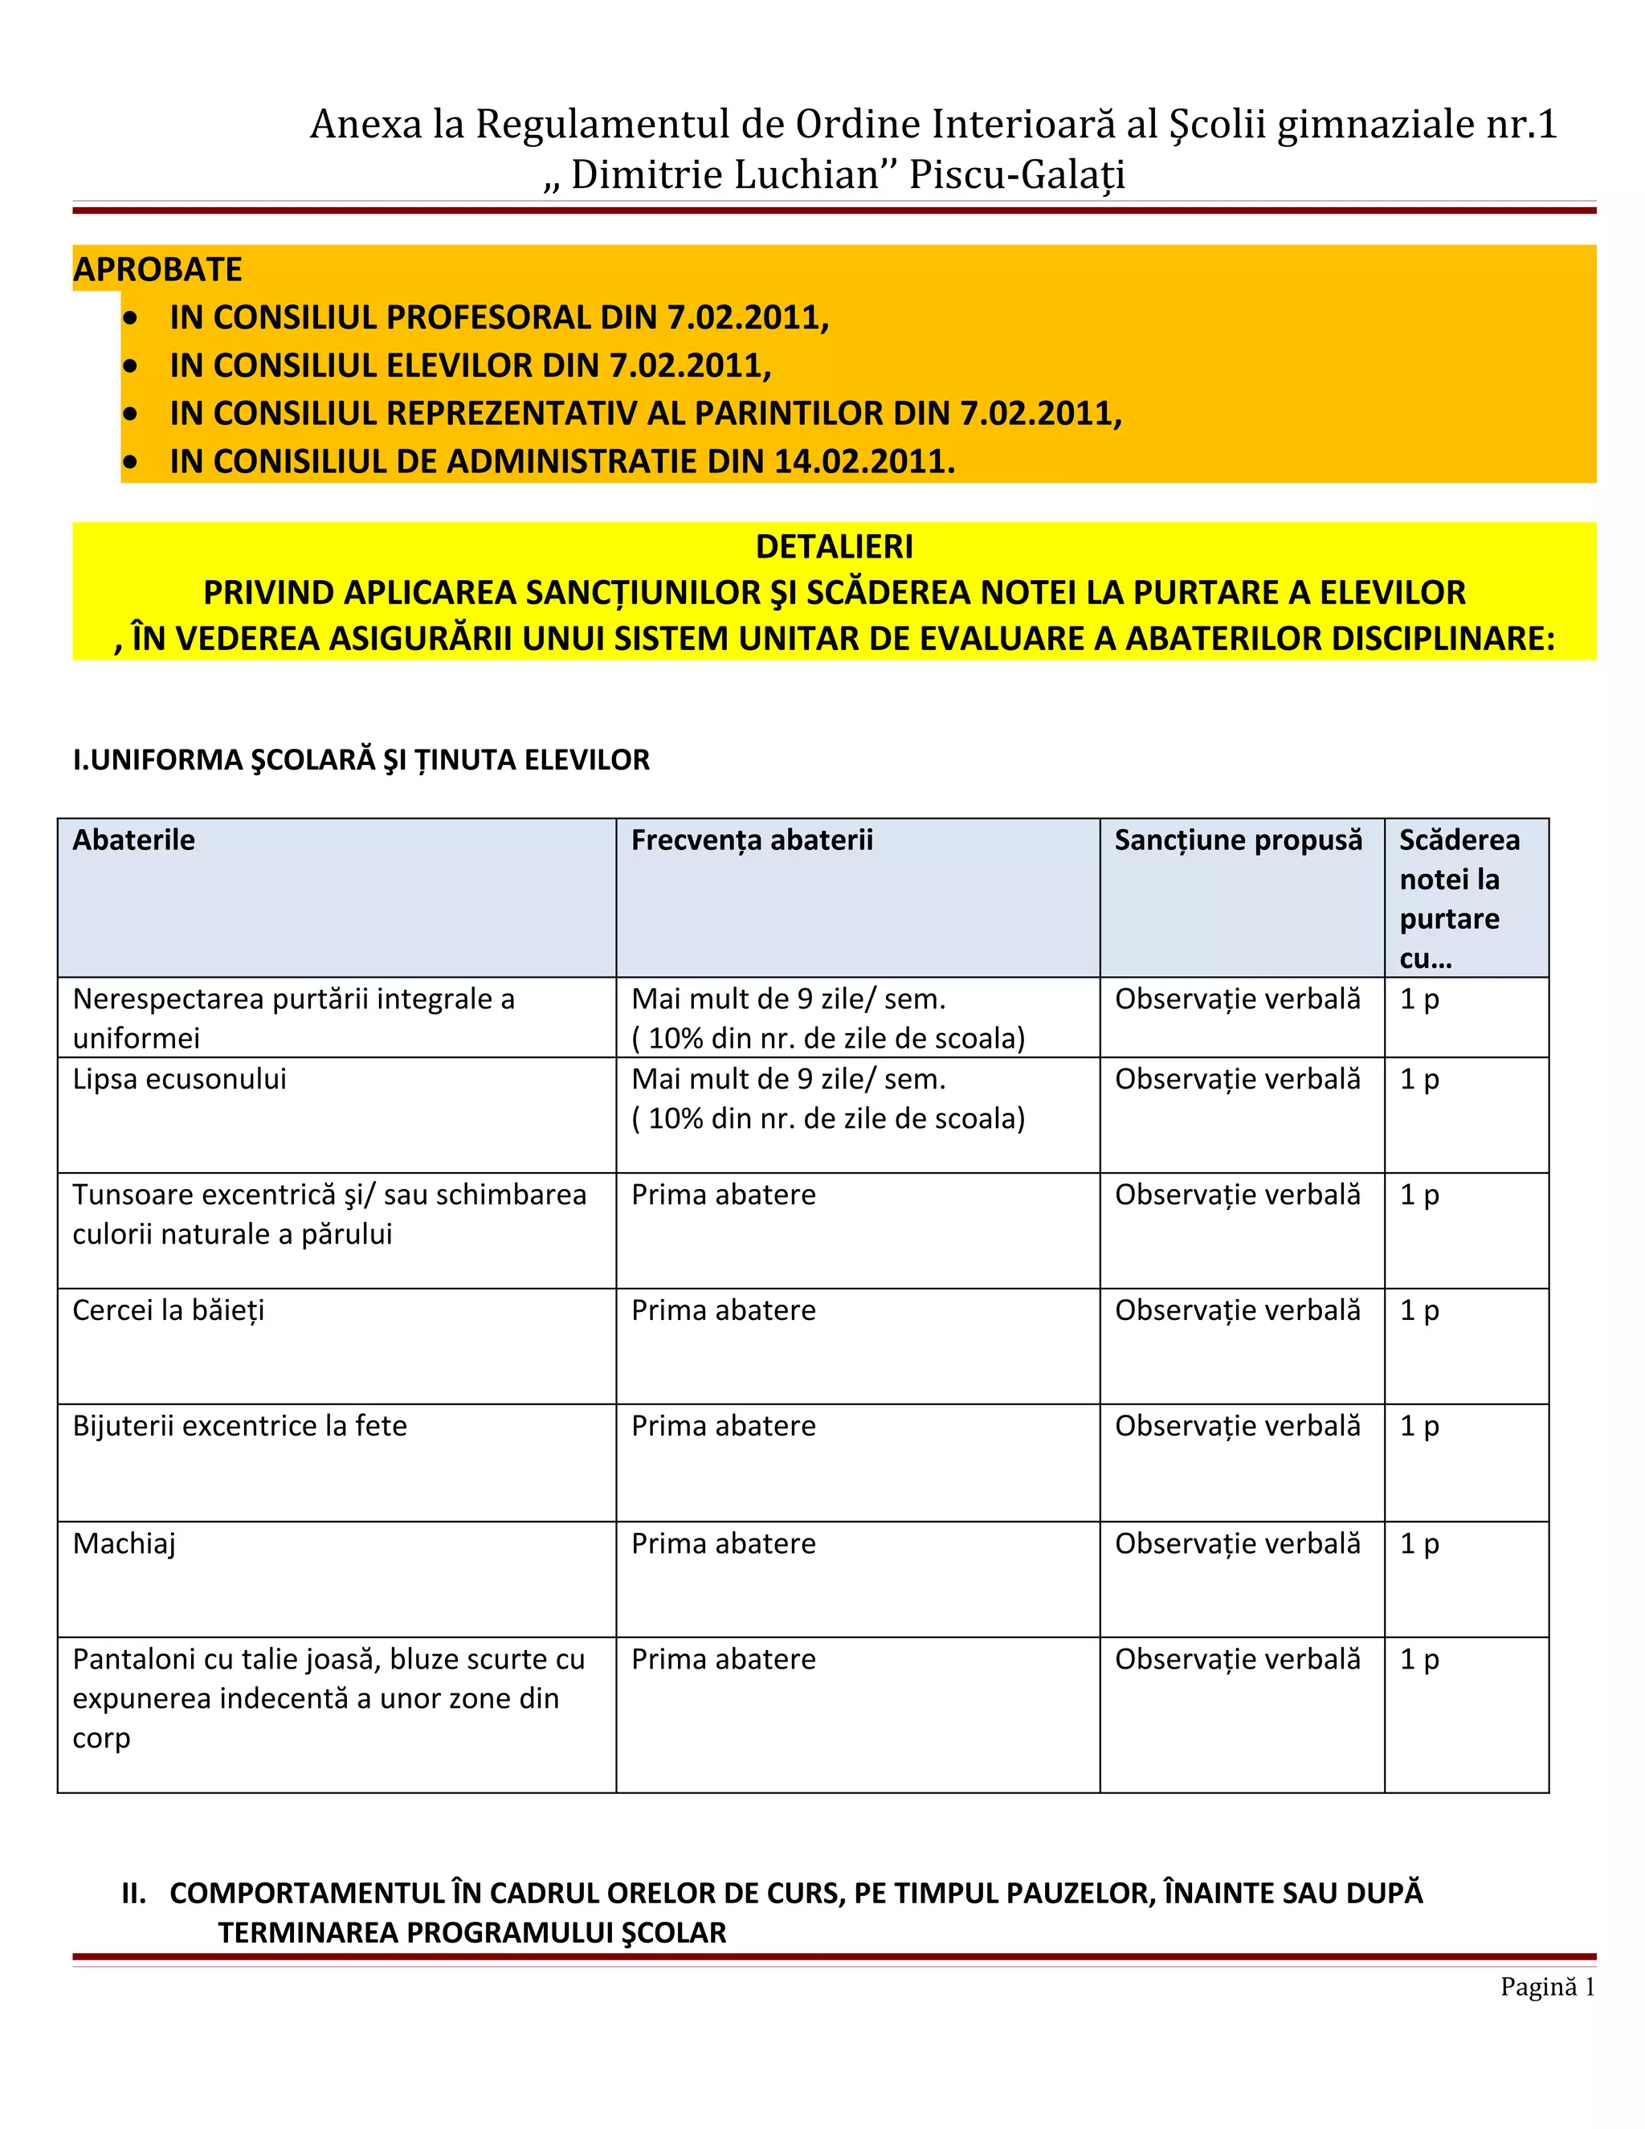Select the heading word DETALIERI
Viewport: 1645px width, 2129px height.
835,547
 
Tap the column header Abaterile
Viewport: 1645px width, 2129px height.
133,840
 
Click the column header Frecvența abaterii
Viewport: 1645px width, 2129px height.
751,840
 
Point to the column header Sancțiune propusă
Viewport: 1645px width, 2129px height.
1238,840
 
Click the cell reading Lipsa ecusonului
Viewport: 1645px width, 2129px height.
179,1079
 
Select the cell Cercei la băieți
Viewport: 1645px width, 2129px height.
168,1310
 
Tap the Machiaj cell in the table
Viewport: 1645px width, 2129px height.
124,1544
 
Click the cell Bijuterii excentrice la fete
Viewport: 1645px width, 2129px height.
239,1426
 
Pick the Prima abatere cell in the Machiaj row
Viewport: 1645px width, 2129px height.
723,1544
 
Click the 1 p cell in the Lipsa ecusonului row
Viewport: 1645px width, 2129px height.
1419,1079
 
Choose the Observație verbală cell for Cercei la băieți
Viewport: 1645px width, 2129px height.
1237,1310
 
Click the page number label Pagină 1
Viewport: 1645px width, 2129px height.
1546,1987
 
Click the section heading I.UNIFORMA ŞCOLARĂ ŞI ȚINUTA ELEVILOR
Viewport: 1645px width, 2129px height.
361,760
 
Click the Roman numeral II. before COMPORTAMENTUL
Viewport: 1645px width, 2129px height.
133,1893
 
